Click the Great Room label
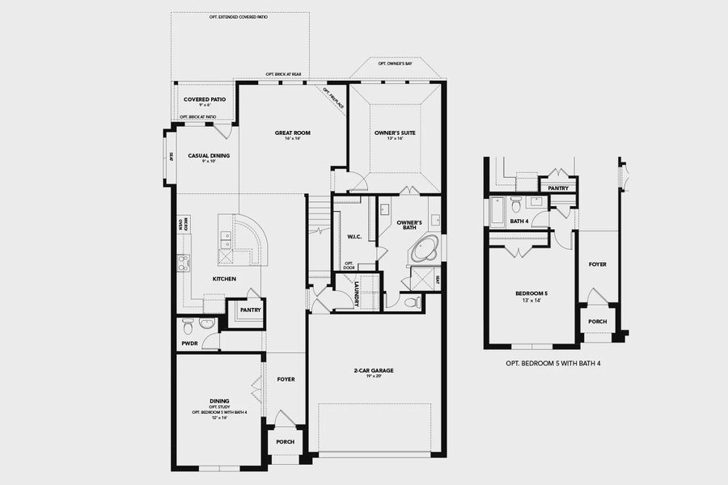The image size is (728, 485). click(x=292, y=133)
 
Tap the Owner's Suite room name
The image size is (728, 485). click(x=394, y=133)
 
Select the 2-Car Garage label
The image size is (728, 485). click(x=373, y=371)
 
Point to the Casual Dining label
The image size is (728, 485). click(x=209, y=156)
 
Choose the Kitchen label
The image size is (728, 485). click(x=224, y=279)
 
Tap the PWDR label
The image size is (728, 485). click(x=189, y=344)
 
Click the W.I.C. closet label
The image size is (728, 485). click(x=353, y=237)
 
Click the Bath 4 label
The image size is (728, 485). click(x=518, y=221)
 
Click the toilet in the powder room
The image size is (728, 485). click(x=188, y=326)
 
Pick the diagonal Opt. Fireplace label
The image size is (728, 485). click(x=333, y=98)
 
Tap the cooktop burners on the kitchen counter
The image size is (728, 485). click(x=183, y=262)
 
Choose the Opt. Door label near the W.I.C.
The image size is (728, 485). click(x=349, y=265)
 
